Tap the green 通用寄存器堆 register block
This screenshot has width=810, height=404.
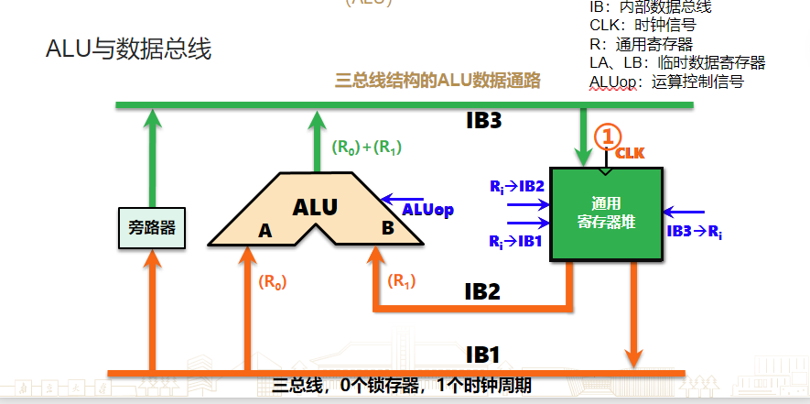[x=606, y=214]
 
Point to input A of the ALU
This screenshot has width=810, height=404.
[x=265, y=232]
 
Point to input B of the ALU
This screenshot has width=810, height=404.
[x=387, y=229]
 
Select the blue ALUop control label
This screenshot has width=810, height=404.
[x=428, y=211]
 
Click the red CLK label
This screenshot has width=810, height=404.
[x=630, y=153]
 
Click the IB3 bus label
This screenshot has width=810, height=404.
[x=484, y=121]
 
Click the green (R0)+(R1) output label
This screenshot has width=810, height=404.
[x=367, y=147]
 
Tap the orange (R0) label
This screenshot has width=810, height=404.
[x=273, y=282]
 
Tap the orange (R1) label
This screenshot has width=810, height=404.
[x=402, y=280]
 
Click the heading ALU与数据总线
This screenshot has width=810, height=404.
[x=129, y=49]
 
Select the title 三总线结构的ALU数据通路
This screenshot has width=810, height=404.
[x=438, y=81]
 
